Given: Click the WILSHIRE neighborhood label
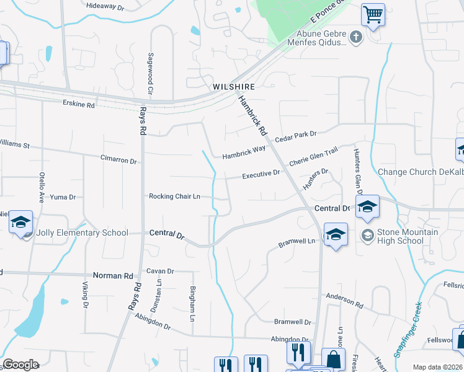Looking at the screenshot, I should tap(234, 87).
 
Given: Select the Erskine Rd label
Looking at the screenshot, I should tap(79, 105).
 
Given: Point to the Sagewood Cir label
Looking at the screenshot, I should tap(150, 74).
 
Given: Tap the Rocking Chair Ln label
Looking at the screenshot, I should tap(174, 197).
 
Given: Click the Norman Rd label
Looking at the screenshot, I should tap(113, 275).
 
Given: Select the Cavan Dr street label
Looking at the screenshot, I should tap(160, 271).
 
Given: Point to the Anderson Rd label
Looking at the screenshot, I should tap(344, 301).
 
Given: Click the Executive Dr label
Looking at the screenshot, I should tap(261, 175).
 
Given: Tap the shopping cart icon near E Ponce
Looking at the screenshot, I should tap(373, 14).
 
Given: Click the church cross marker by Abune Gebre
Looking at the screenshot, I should tap(355, 37).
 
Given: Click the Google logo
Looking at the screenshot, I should tap(20, 365).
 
